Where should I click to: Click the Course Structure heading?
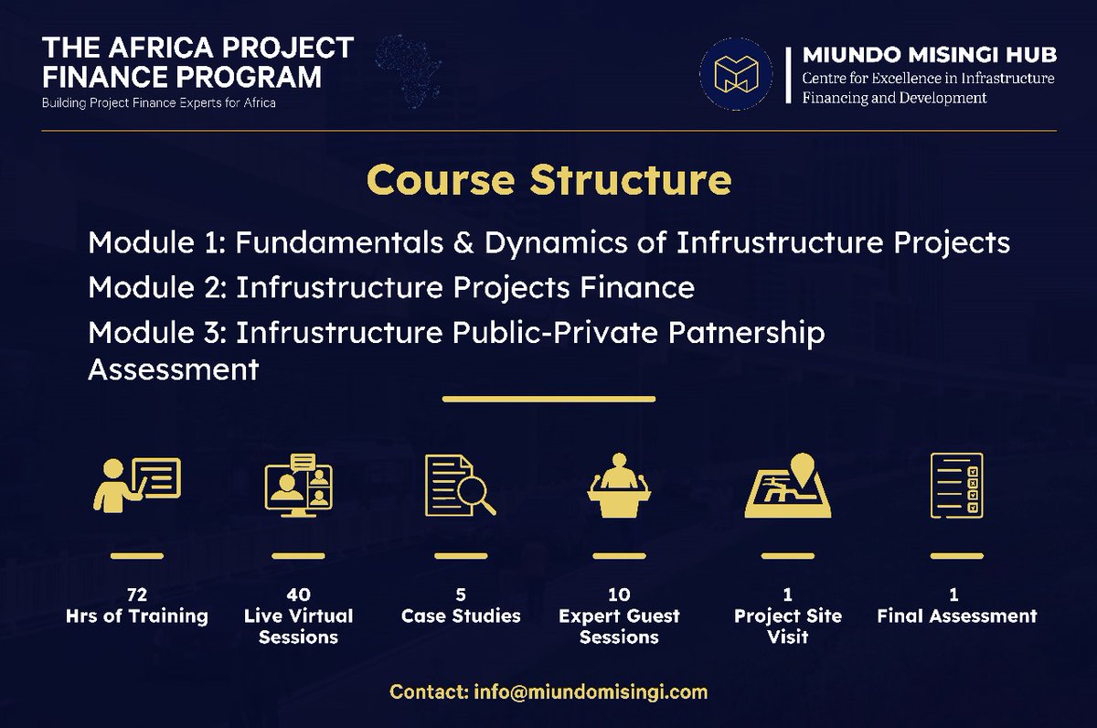tap(548, 180)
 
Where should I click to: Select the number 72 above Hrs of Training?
tap(136, 594)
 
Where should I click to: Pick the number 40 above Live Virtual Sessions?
tap(298, 594)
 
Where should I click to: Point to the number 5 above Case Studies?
tap(461, 594)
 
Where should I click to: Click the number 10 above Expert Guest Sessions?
tap(619, 594)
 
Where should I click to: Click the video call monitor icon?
tap(298, 485)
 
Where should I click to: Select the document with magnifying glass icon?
tap(460, 485)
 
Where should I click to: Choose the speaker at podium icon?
tap(619, 485)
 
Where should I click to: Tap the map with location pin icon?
tap(787, 485)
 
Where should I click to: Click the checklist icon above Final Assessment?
tap(956, 485)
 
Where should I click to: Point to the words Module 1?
tap(157, 243)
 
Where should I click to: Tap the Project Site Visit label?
tap(787, 626)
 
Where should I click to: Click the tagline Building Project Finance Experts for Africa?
tap(159, 103)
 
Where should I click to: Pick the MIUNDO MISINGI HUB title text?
tap(929, 56)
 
